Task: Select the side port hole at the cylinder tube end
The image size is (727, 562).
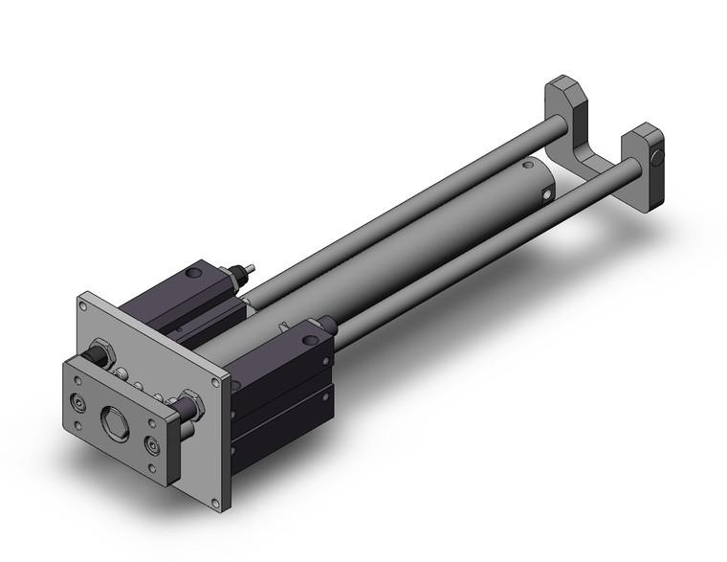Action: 546,197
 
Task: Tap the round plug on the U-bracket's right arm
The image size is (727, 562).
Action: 657,158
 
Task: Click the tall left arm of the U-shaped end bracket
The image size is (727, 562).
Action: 568,107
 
